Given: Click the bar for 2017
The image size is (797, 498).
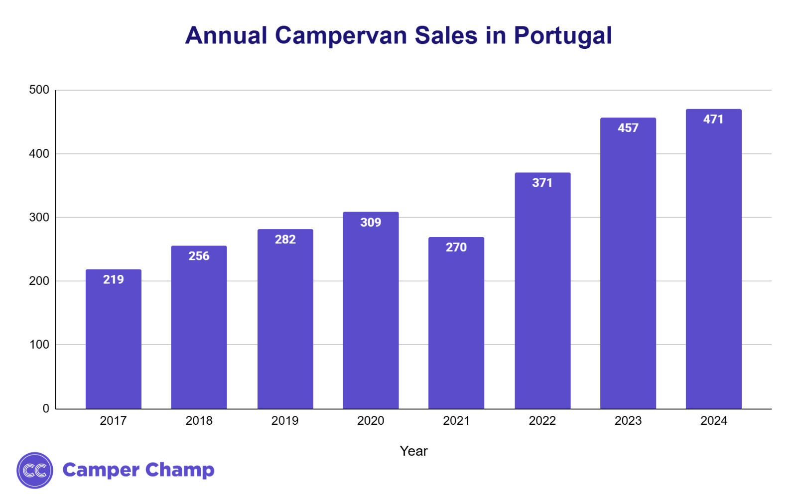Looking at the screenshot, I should pyautogui.click(x=113, y=344).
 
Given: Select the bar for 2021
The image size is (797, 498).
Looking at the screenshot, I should pyautogui.click(x=456, y=329).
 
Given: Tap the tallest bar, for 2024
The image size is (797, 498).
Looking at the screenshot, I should pyautogui.click(x=713, y=264).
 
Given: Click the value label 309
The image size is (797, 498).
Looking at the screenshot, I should pyautogui.click(x=371, y=223).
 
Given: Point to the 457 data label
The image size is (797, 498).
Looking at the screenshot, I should pyautogui.click(x=628, y=128).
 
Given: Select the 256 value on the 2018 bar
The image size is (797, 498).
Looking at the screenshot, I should pyautogui.click(x=199, y=256).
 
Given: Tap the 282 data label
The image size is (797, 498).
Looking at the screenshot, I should pyautogui.click(x=285, y=240).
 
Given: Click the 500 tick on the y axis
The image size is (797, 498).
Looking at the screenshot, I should pyautogui.click(x=39, y=90).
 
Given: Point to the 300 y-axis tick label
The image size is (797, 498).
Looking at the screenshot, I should pyautogui.click(x=39, y=218).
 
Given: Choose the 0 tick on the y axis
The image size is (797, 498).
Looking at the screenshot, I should pyautogui.click(x=46, y=409).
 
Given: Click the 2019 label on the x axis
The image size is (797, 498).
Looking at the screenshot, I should pyautogui.click(x=285, y=421).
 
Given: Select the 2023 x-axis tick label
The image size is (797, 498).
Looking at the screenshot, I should pyautogui.click(x=628, y=421).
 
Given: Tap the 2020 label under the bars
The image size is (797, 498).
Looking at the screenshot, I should pyautogui.click(x=371, y=421).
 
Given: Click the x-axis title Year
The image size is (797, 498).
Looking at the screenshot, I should pyautogui.click(x=413, y=451).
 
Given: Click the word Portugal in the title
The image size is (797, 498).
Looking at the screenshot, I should pyautogui.click(x=562, y=36).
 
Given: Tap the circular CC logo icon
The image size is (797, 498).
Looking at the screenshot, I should pyautogui.click(x=35, y=470).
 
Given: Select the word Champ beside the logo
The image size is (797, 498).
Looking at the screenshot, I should pyautogui.click(x=180, y=470).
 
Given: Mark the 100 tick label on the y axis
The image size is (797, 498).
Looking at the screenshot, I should pyautogui.click(x=39, y=345).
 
